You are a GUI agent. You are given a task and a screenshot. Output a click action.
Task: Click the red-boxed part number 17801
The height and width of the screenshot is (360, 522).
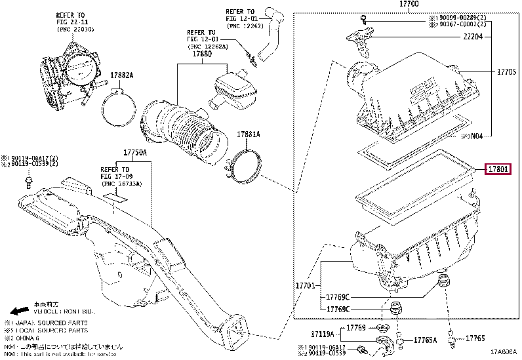click(498, 170)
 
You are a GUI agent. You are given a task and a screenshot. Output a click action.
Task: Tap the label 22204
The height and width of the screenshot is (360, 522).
click(473, 37)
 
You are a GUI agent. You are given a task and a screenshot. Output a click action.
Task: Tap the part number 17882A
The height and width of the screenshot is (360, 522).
click(121, 75)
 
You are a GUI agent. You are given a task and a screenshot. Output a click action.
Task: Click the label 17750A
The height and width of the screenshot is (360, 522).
click(135, 152)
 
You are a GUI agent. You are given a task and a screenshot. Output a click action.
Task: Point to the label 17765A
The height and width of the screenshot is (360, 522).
click(426, 340)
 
